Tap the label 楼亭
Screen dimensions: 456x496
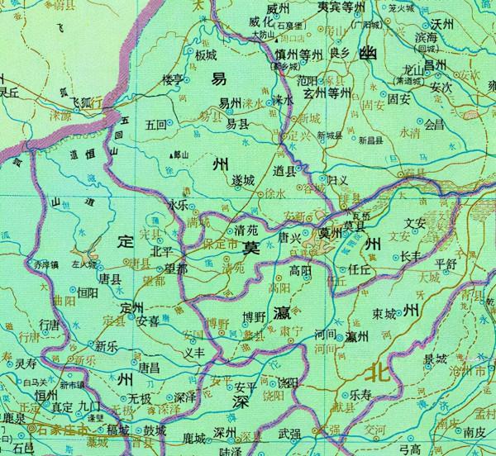click(x=172, y=79)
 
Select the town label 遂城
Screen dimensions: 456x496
click(x=242, y=179)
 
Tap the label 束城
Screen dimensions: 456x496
click(x=384, y=314)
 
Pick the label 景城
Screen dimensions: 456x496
click(x=435, y=359)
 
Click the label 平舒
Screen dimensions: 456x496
click(x=446, y=264)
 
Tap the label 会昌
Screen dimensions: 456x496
click(x=434, y=126)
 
